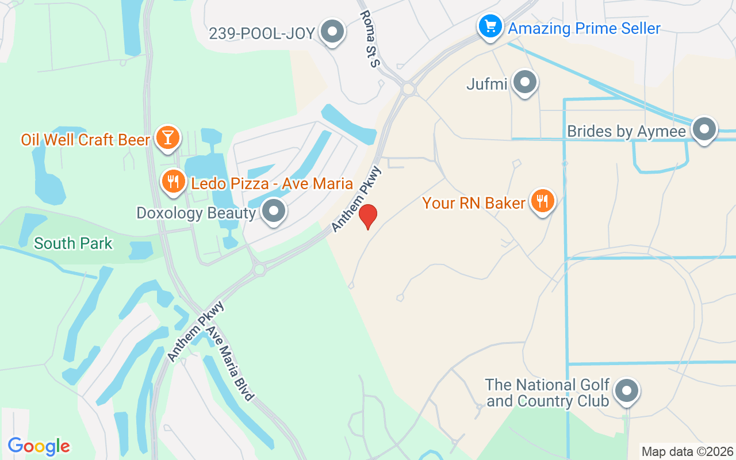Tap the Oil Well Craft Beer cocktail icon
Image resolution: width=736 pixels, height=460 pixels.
click(x=167, y=138)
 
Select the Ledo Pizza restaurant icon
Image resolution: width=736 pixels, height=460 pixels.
click(x=172, y=182)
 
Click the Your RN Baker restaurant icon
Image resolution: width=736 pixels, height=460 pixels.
click(x=542, y=201)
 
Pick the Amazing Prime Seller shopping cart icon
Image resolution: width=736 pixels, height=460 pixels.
click(x=490, y=26)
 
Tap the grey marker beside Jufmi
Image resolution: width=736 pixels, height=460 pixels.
click(x=524, y=82)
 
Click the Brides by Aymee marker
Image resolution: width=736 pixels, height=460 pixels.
click(x=704, y=129)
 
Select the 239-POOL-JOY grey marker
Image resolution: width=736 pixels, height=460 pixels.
click(x=332, y=32)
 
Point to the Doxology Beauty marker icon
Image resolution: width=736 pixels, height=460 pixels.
click(x=274, y=211)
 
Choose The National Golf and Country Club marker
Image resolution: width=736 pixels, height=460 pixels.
click(x=627, y=392)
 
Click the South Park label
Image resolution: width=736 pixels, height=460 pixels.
click(x=73, y=243)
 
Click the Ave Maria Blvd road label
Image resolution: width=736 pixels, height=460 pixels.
click(x=231, y=364)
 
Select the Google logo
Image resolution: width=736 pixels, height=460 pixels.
click(x=39, y=446)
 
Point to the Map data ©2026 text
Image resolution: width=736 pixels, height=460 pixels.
click(x=687, y=451)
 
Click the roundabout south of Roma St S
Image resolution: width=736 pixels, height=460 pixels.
click(x=408, y=89)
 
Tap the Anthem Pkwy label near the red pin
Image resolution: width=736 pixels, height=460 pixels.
click(x=356, y=199)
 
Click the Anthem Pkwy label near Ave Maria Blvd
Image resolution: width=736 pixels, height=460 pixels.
click(x=195, y=332)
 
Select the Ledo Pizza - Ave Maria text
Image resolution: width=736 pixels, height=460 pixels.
click(x=272, y=184)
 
